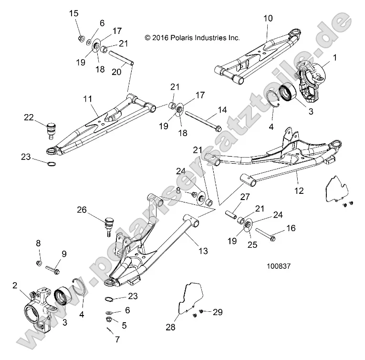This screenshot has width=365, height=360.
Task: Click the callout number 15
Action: pyautogui.click(x=74, y=13)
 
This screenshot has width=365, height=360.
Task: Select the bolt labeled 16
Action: pyautogui.click(x=267, y=234)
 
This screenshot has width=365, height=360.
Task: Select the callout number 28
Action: pyautogui.click(x=170, y=327)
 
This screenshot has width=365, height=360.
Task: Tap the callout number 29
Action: pyautogui.click(x=218, y=313)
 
